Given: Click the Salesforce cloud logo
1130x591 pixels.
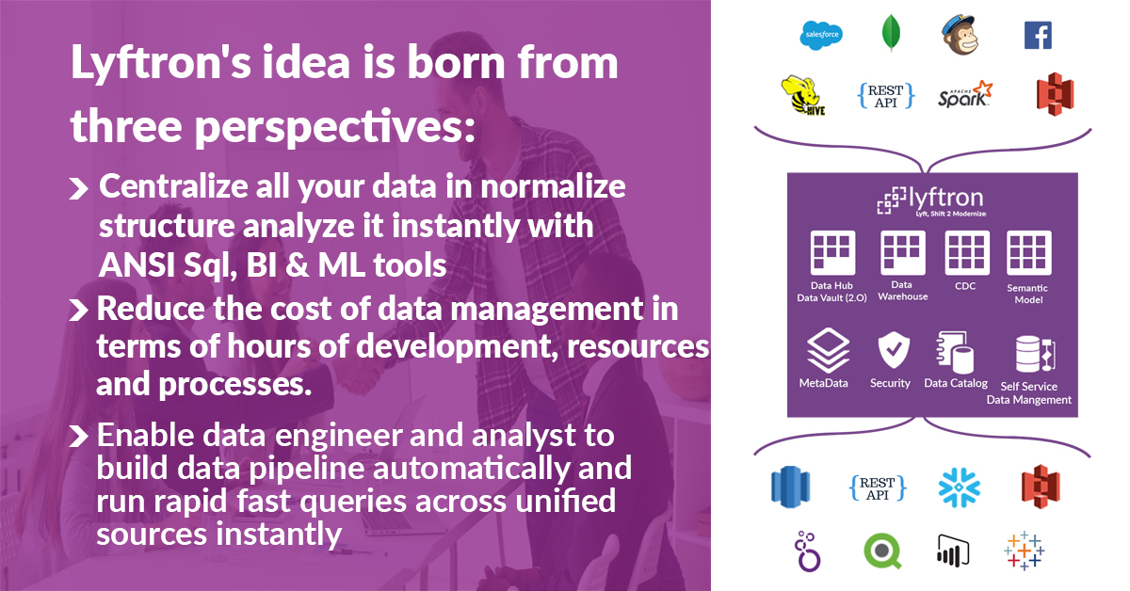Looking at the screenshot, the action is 821,35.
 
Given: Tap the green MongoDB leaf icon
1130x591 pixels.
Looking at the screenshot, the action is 891,33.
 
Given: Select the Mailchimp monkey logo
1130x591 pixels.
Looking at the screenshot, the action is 960,34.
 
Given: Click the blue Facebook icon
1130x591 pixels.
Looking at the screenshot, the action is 1038,35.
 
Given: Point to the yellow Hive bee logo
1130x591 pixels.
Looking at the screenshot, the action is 803,96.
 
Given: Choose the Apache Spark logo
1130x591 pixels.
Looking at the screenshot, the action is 965,94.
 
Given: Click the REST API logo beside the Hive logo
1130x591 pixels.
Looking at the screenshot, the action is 886,96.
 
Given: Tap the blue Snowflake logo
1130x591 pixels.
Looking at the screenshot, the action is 959,487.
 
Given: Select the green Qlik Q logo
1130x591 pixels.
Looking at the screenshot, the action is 882,551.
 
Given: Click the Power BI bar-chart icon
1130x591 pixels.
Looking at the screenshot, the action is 953,551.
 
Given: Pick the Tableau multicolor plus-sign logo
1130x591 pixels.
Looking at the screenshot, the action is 1025,551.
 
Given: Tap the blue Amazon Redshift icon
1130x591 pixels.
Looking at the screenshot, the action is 790,487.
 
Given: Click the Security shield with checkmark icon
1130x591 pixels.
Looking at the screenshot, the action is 894,350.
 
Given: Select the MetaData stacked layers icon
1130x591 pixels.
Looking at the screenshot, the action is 828,350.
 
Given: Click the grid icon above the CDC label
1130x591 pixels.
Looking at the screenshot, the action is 966,253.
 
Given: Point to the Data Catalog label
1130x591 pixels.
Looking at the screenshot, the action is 956,383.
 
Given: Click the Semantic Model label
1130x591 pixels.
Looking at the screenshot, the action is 1027,294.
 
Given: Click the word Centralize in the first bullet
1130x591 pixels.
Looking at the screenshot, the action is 173,186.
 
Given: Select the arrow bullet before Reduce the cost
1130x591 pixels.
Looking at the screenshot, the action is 78,311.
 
